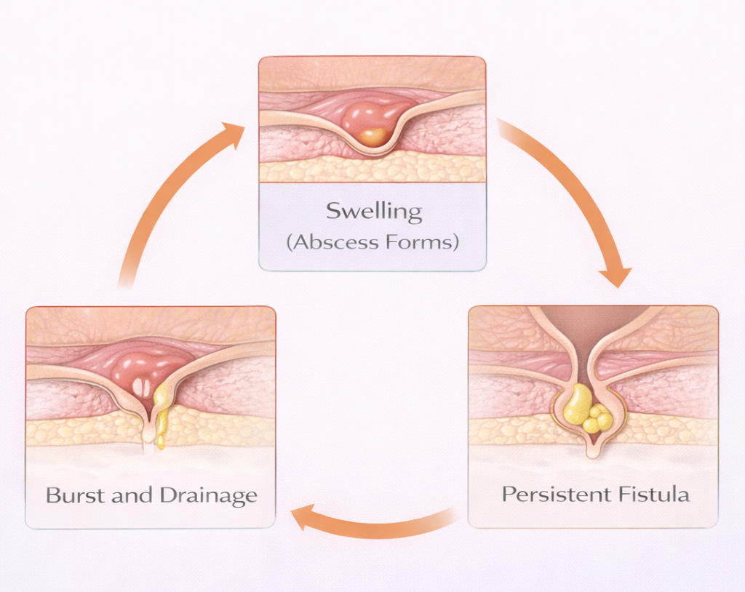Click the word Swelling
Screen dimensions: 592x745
click(x=373, y=212)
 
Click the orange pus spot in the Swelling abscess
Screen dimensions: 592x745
click(x=372, y=137)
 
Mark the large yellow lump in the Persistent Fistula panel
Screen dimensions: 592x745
click(x=578, y=404)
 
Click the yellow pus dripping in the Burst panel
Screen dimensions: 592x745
click(x=162, y=418)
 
